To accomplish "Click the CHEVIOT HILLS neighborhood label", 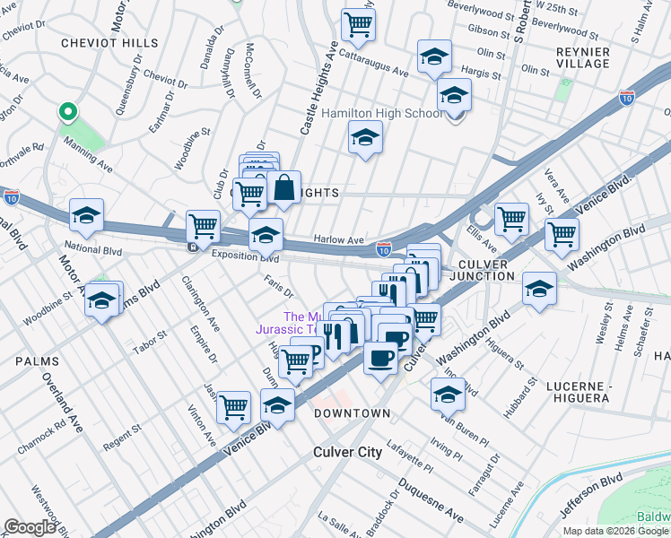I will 109,43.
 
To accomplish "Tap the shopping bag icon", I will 283,188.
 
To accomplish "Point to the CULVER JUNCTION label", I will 495,270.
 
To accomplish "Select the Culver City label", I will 347,452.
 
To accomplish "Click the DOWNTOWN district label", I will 352,413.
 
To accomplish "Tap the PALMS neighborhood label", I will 37,361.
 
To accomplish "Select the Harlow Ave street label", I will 338,240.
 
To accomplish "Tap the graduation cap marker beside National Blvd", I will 87,214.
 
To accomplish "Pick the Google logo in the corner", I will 30,527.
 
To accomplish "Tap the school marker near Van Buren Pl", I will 448,393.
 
